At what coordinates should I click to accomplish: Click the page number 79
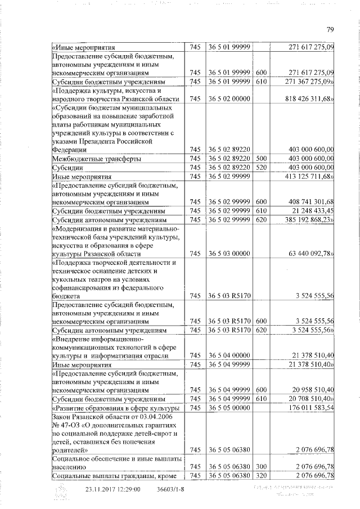click(x=331, y=30)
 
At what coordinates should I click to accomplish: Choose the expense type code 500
click(x=260, y=159)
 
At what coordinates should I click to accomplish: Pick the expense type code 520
click(x=260, y=168)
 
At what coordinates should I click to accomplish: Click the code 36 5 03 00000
click(x=229, y=253)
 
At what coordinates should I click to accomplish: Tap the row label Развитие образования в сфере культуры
click(x=116, y=407)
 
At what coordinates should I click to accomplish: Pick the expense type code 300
click(x=260, y=466)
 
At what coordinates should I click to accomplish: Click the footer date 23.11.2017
click(x=103, y=489)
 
